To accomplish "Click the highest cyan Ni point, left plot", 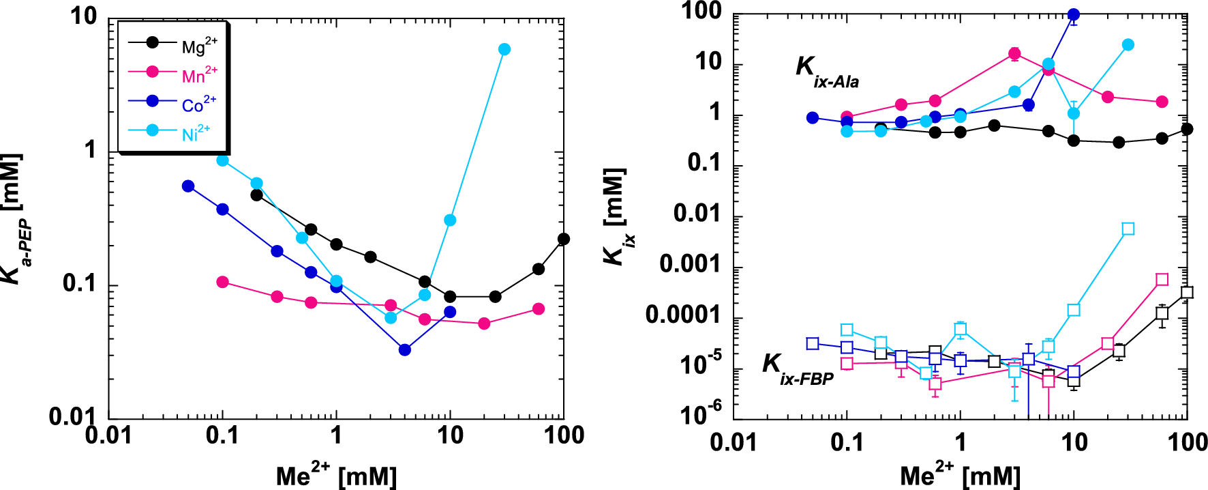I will pos(504,49).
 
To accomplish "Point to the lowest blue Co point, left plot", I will pos(405,350).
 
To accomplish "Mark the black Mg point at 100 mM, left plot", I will pos(563,239).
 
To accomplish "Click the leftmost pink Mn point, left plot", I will pos(222,282).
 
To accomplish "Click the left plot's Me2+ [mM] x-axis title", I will pos(336,474).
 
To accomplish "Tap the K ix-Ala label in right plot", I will pos(827,71).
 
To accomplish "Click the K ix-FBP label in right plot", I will pos(798,369).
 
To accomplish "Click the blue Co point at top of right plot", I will pos(1074,14).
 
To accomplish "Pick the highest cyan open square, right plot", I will pos(1128,229).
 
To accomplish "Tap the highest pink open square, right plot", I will pos(1162,279).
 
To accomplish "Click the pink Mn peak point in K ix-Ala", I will pos(1014,54).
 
